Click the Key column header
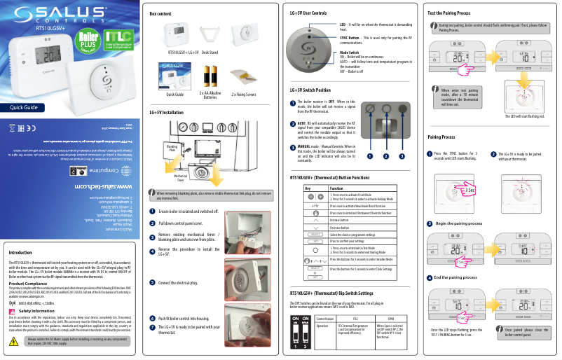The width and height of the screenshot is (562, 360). pos(306,188)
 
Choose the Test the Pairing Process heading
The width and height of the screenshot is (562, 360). pos(458,14)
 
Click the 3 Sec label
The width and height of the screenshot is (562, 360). pos(470,190)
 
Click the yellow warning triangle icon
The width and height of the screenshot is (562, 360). pos(15,341)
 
